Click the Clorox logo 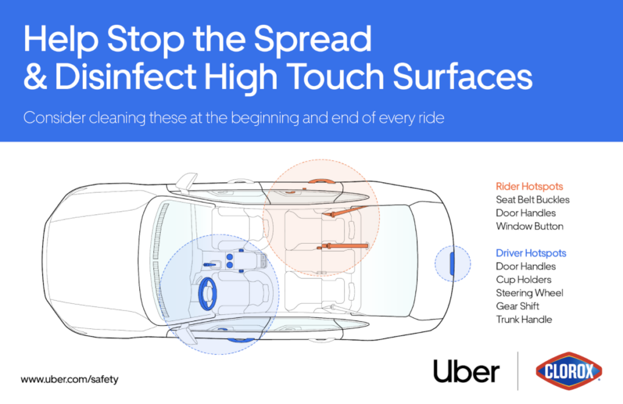(569, 371)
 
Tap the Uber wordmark (467, 371)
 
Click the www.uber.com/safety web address (69, 379)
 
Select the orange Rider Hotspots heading (529, 186)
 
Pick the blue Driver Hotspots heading (531, 253)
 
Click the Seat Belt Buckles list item (532, 200)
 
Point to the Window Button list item (529, 227)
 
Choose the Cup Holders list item (524, 280)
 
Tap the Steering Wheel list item (529, 293)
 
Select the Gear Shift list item (518, 307)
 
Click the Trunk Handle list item (524, 320)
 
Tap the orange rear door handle (320, 180)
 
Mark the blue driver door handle (228, 331)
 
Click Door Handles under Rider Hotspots (526, 213)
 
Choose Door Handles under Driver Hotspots (526, 266)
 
